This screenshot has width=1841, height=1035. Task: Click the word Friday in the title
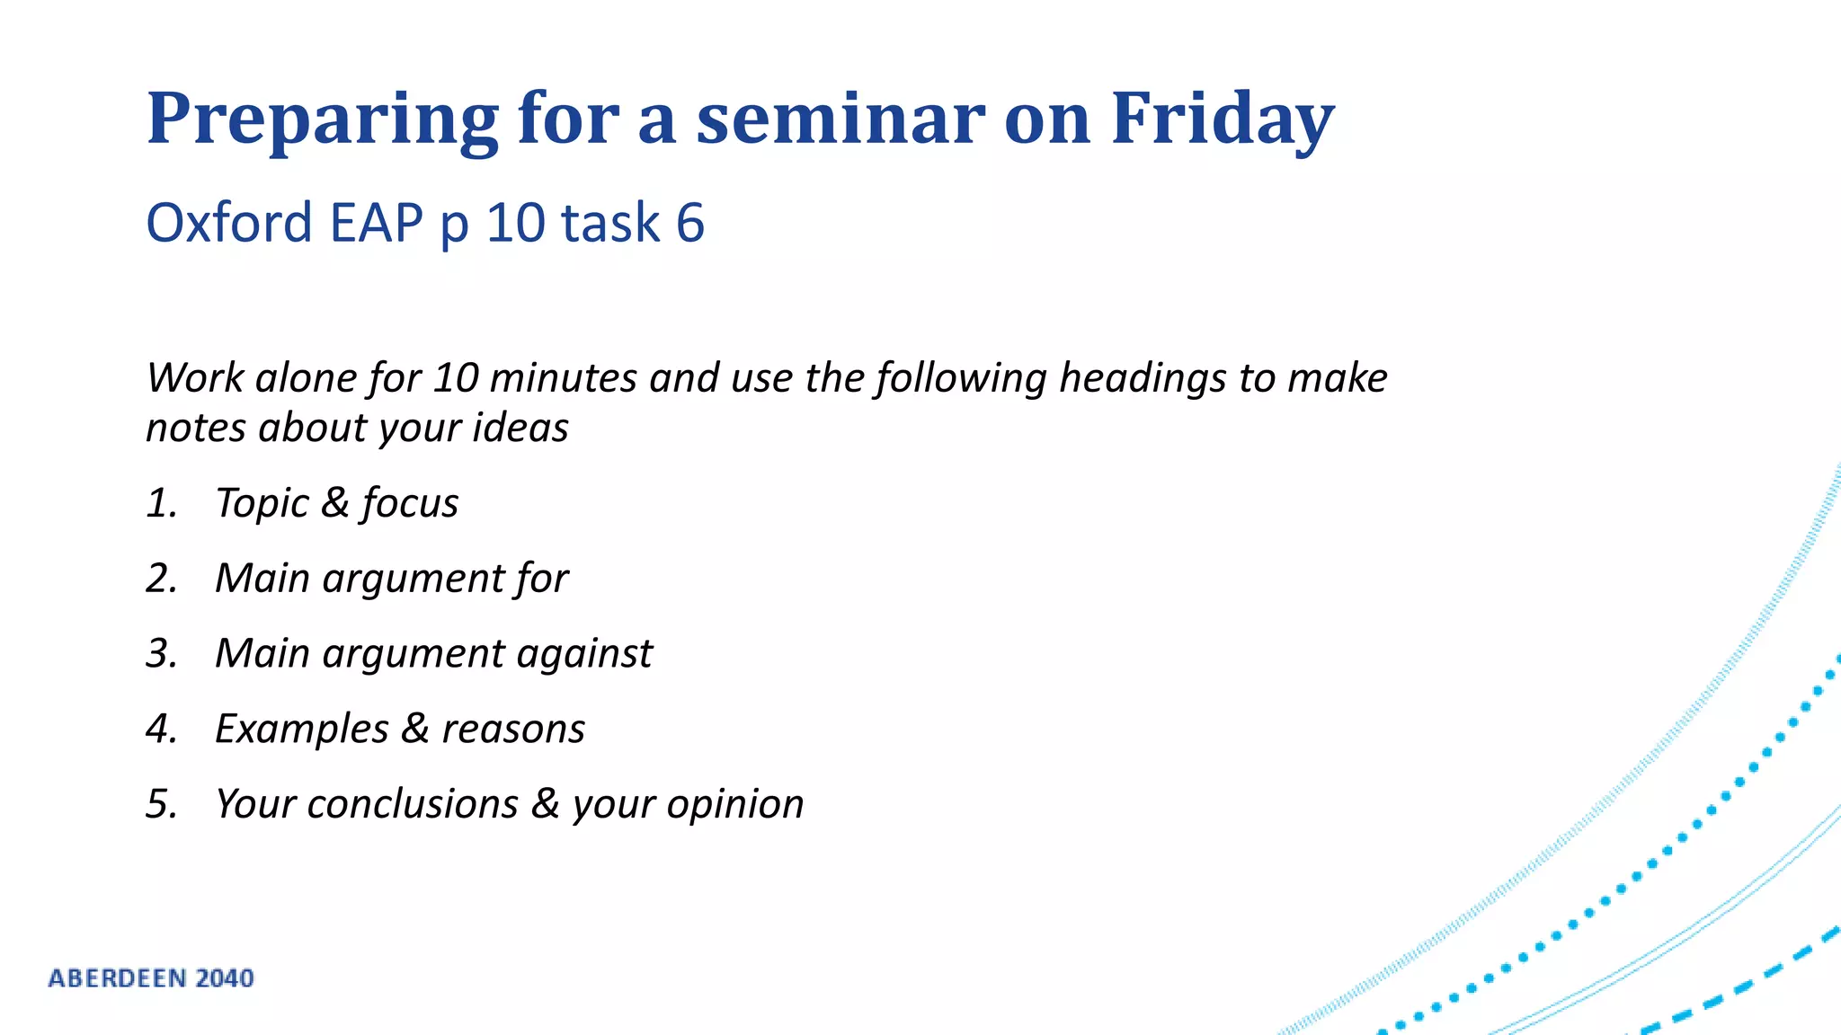pos(1223,119)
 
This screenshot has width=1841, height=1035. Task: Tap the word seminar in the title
pos(840,119)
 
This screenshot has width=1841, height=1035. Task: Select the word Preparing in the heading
pos(322,120)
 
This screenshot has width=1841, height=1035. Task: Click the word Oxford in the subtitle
pos(228,223)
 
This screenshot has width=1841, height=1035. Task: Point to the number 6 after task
pos(689,223)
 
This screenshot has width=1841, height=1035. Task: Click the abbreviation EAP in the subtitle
pos(376,223)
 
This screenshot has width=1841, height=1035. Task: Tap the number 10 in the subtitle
pos(516,223)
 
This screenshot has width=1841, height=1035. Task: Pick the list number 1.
pos(160,503)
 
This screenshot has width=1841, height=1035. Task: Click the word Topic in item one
pos(262,504)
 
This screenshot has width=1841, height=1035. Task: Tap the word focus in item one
pos(410,503)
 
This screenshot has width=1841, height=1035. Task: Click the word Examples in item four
pos(301,730)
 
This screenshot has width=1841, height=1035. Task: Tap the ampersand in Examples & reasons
pos(414,729)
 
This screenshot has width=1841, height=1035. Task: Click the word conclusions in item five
pos(413,804)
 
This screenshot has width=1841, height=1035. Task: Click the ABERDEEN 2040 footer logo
pos(151,978)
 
